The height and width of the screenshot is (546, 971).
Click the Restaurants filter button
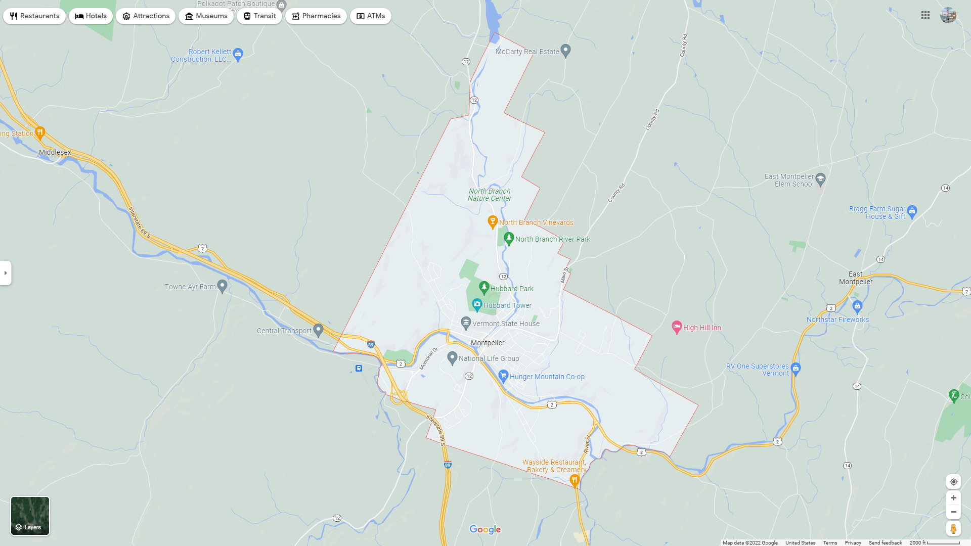[x=34, y=16]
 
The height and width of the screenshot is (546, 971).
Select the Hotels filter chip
[x=91, y=16]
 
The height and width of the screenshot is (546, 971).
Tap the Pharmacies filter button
[x=316, y=16]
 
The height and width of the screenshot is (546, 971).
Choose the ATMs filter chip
[x=371, y=16]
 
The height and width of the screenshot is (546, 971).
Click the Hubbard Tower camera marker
[x=476, y=304]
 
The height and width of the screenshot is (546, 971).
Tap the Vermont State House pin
[x=466, y=323]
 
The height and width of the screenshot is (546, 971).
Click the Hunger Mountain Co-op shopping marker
[x=503, y=376]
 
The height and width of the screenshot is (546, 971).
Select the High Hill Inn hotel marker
[x=677, y=327]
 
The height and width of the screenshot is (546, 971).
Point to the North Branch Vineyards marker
[x=492, y=221]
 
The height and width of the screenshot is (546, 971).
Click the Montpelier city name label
[x=488, y=343]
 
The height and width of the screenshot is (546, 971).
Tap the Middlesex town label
[x=55, y=152]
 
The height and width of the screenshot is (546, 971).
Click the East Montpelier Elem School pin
[x=820, y=179]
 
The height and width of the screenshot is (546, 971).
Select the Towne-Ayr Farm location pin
[x=222, y=286]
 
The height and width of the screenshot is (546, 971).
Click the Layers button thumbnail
[x=30, y=516]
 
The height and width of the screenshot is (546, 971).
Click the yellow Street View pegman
[x=953, y=528]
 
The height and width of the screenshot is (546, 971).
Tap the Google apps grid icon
[x=925, y=16]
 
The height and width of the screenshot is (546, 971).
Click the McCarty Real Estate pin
[x=566, y=51]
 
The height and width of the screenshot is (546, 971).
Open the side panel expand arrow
[x=6, y=273]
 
